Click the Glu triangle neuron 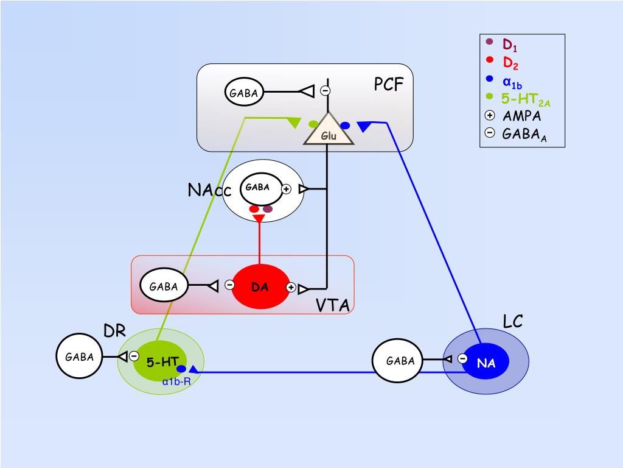pos(328,130)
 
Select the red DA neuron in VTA pos(260,286)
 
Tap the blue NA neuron pos(486,361)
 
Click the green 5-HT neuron pos(161,361)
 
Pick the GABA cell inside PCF pos(244,93)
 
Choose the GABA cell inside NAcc pos(259,189)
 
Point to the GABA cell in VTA pos(164,285)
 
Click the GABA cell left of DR pos(80,356)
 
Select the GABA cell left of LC pos(397,361)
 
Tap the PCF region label pos(389,84)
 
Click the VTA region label pos(333,305)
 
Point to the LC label pos(512,321)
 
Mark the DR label pos(114,330)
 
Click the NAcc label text pos(209,190)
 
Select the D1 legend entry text pos(510,44)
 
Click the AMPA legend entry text pos(521,116)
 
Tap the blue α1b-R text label pos(176,381)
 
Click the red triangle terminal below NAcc pos(259,219)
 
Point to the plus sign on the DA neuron pos(291,288)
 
